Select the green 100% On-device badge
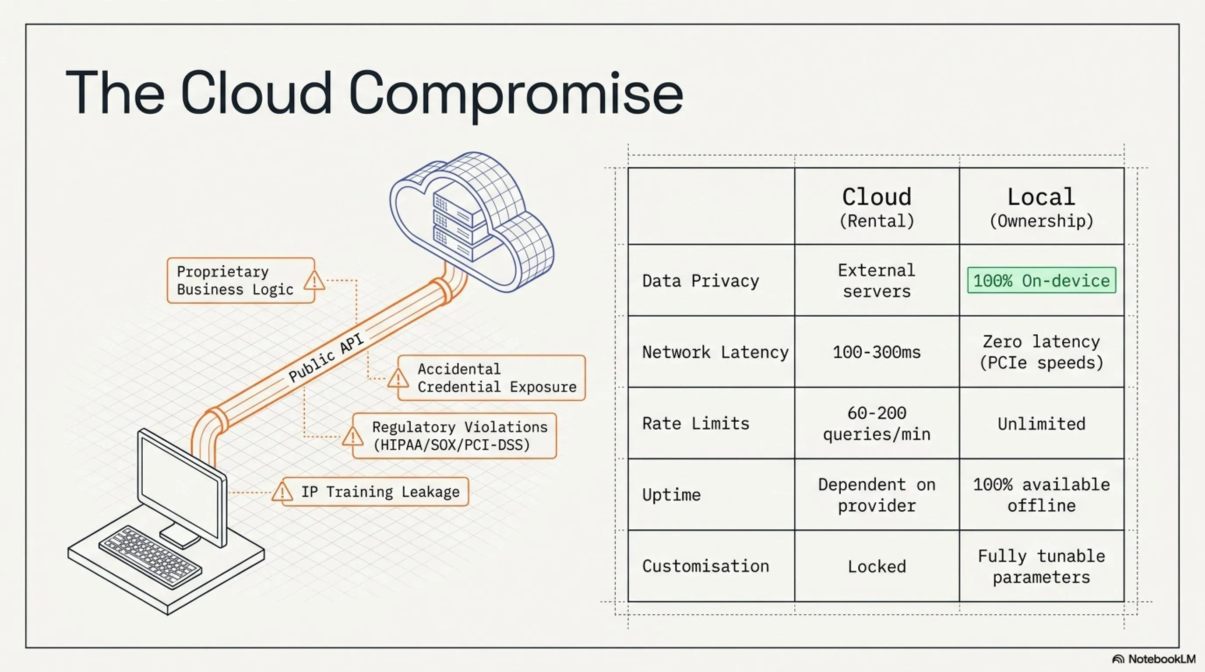(x=1042, y=280)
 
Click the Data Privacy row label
(x=701, y=281)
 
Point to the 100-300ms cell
(x=877, y=352)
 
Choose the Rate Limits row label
(x=696, y=423)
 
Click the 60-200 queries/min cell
(x=877, y=424)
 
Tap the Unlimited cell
(x=1042, y=424)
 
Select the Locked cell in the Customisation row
(x=877, y=567)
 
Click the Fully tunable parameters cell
(x=1042, y=567)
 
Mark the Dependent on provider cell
(x=877, y=495)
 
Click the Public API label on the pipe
(x=326, y=357)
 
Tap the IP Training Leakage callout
(x=370, y=492)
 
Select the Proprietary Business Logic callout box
(x=241, y=280)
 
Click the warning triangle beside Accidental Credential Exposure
(x=398, y=378)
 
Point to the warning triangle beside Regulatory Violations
(x=353, y=436)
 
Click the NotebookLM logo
(x=1153, y=659)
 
